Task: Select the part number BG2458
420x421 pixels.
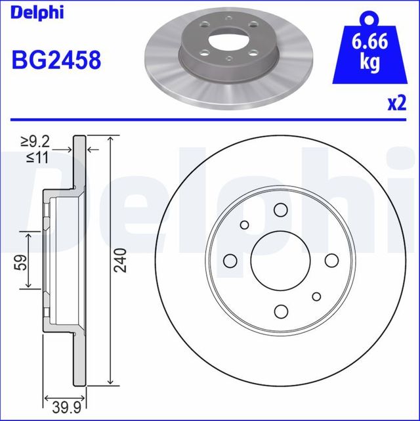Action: point(56,60)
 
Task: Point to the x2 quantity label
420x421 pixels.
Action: point(396,104)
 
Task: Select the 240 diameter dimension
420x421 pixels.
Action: point(119,261)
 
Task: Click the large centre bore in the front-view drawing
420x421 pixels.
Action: point(281,260)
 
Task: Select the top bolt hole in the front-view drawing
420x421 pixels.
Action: point(281,210)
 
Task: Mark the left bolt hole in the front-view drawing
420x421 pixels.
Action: point(231,260)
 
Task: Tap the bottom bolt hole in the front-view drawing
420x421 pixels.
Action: point(281,310)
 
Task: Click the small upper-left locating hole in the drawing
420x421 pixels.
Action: point(245,225)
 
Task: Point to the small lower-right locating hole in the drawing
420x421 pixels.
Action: point(316,296)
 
